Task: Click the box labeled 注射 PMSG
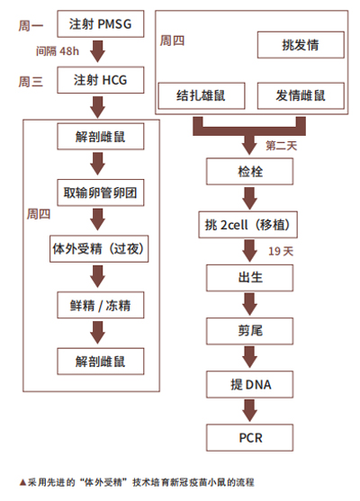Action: [x=101, y=24]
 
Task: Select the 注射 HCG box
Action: [x=101, y=80]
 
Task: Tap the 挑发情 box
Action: [x=301, y=45]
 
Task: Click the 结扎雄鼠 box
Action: [x=202, y=95]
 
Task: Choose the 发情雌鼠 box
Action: [x=301, y=95]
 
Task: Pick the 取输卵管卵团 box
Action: [x=101, y=192]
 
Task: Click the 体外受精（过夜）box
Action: [x=99, y=248]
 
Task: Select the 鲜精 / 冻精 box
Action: [x=101, y=305]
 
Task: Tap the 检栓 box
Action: [x=249, y=172]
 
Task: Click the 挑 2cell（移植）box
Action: [x=247, y=225]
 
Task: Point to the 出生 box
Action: [x=249, y=278]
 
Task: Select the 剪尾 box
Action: [x=249, y=331]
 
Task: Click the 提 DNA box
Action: [x=249, y=384]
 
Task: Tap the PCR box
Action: [x=249, y=437]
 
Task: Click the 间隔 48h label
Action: [x=58, y=50]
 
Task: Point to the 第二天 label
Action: [x=282, y=146]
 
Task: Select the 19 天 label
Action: [x=281, y=251]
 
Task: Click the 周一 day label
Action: [x=31, y=25]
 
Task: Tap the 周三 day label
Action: [x=31, y=82]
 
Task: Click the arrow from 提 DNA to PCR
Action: [x=249, y=410]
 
